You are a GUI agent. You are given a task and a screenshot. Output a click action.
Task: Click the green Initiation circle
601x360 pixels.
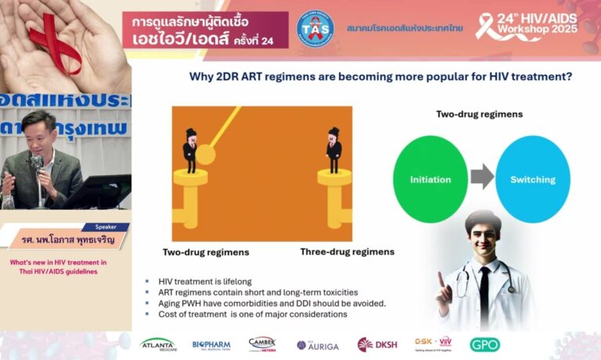coord(430,179)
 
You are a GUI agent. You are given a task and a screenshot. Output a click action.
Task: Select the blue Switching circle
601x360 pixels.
coord(532,179)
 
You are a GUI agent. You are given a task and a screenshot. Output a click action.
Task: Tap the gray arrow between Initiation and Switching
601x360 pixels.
coord(482,178)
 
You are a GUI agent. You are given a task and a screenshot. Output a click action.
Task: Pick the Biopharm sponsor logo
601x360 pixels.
coord(211,344)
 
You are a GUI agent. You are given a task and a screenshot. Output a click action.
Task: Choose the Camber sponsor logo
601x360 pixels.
coord(262,344)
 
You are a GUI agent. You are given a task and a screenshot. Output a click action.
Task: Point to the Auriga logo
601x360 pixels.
coord(318,344)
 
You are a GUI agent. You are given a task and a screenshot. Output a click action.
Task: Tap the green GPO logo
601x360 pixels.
coord(484,344)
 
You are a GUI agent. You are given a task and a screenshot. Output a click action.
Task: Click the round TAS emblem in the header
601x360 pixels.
coord(315,27)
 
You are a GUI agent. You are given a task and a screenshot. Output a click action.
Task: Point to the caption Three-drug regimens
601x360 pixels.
coord(347,252)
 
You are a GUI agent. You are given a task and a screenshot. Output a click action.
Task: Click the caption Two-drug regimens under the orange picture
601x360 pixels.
coord(206,252)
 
